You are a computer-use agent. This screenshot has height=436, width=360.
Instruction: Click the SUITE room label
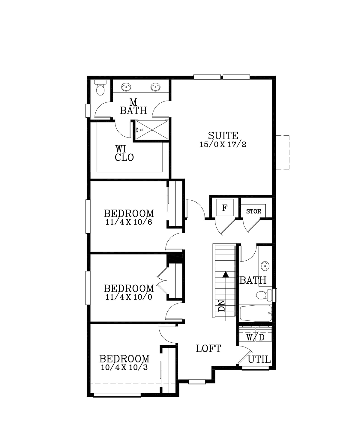click(223, 135)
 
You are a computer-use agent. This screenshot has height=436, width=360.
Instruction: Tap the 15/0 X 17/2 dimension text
click(223, 144)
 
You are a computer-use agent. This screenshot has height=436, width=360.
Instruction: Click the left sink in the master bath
click(126, 87)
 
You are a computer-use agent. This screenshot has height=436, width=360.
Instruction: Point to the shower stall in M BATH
click(152, 130)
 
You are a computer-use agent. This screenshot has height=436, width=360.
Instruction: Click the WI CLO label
click(124, 153)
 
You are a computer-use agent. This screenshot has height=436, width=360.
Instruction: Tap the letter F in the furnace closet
click(225, 207)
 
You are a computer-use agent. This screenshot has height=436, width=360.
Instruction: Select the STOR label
click(253, 211)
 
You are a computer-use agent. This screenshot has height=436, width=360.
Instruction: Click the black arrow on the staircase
click(226, 274)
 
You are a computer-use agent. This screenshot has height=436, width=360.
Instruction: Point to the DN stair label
click(221, 305)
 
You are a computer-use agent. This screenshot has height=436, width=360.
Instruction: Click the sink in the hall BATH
click(265, 266)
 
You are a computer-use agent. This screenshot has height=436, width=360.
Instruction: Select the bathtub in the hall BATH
click(256, 313)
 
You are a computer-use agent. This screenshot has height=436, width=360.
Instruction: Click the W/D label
click(255, 337)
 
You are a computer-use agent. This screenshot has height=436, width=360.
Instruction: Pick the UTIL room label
click(259, 359)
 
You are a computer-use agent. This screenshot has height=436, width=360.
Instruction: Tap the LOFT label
click(208, 349)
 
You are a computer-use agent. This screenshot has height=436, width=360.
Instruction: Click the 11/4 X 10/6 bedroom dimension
click(129, 223)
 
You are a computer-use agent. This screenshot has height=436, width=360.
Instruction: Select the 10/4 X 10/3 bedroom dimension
click(124, 367)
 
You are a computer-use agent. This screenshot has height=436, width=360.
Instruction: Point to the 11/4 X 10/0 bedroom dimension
click(129, 297)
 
